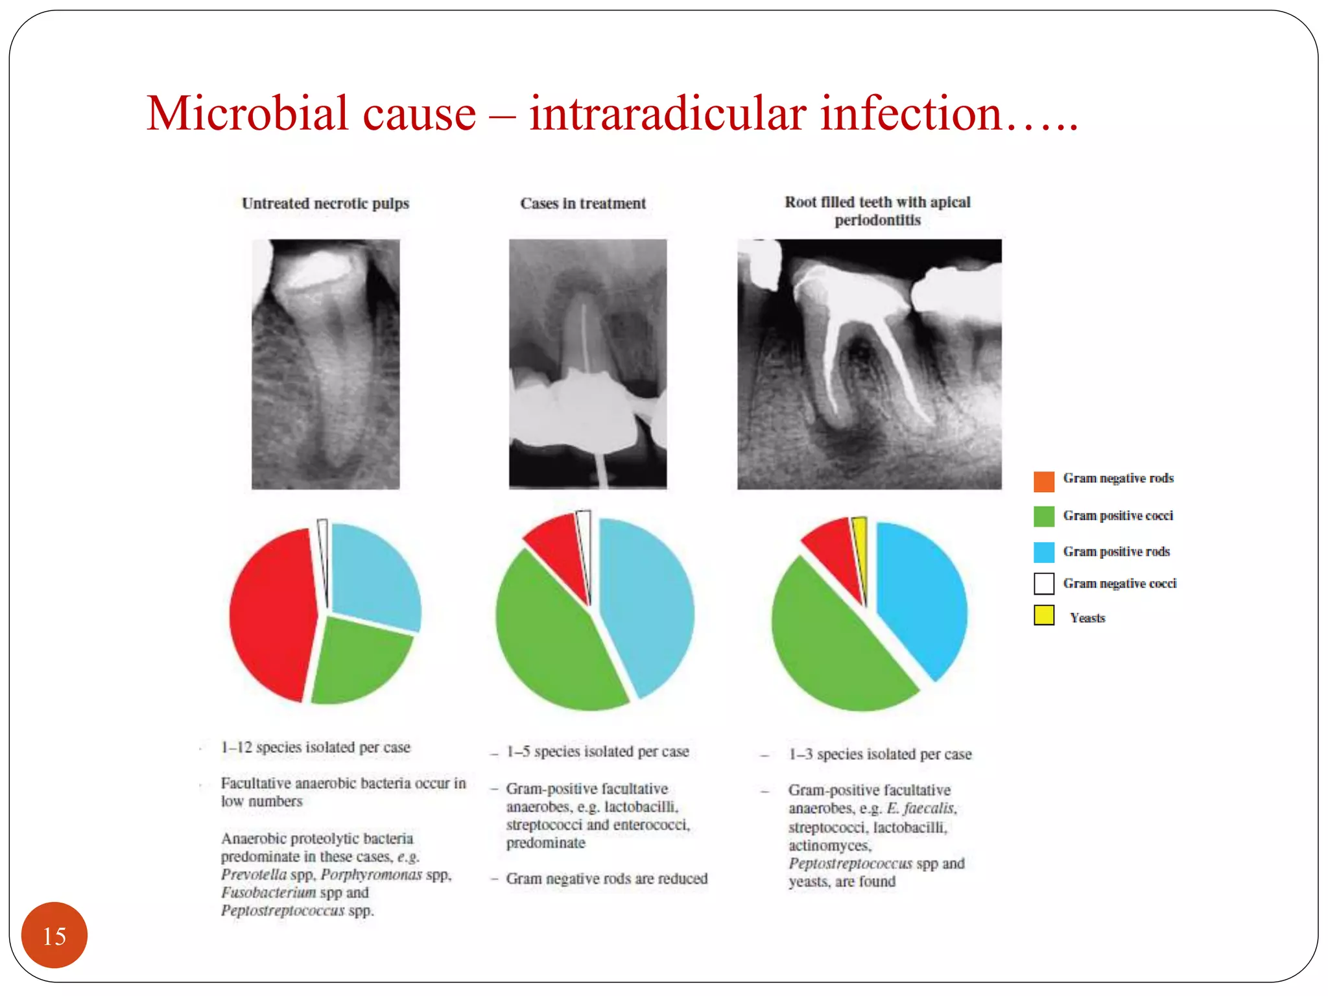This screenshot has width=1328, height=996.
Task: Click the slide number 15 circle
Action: tap(54, 935)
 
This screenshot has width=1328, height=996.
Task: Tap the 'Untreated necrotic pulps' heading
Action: tap(326, 204)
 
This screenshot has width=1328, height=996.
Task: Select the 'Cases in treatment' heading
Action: tap(583, 204)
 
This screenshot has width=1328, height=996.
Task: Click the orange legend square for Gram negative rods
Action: tap(1043, 481)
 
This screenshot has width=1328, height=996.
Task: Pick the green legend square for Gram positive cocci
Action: tap(1043, 516)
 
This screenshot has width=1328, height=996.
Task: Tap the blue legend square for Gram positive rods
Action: tap(1043, 552)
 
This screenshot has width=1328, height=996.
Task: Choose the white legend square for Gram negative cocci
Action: tap(1043, 584)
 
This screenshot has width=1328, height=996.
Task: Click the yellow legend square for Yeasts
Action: tap(1043, 615)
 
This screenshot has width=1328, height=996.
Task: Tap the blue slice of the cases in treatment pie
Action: tap(648, 603)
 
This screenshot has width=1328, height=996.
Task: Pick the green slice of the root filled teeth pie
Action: tap(836, 648)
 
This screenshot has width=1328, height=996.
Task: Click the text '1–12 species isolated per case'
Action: tap(315, 748)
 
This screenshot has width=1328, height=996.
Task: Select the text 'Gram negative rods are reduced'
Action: tap(606, 879)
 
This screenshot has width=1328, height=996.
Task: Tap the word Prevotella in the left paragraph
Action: tap(254, 875)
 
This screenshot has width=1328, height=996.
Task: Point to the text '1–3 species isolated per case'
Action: tap(880, 754)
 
